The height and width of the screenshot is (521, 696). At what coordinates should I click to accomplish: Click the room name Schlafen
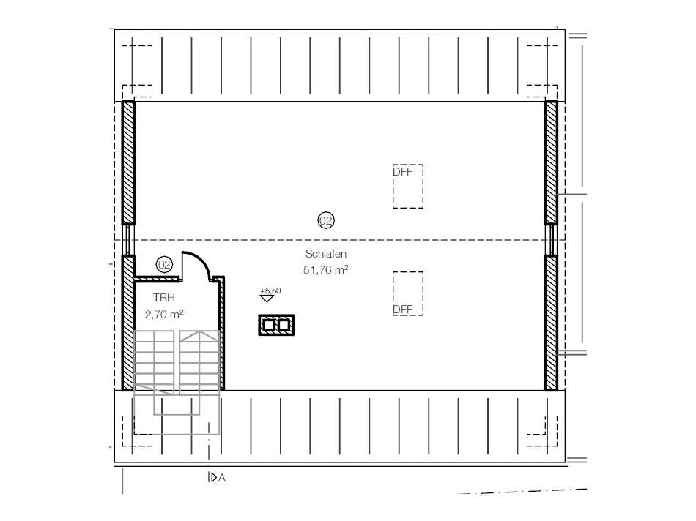(x=325, y=254)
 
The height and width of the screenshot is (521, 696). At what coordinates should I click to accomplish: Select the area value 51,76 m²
(x=325, y=269)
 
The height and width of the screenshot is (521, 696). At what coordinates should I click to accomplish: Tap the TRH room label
(x=164, y=298)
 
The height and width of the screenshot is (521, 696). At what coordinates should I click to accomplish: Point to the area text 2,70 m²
(x=164, y=314)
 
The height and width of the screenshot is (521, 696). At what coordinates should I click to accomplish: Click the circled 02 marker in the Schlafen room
(x=325, y=220)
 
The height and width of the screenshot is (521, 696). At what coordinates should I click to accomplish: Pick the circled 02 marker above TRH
(x=164, y=265)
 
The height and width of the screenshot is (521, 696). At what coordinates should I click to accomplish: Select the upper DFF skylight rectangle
(x=407, y=186)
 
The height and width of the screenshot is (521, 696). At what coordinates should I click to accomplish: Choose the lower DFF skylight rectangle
(x=407, y=293)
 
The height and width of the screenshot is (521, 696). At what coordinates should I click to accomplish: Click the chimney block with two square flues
(x=276, y=324)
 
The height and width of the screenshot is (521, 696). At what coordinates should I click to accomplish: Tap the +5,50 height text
(x=270, y=291)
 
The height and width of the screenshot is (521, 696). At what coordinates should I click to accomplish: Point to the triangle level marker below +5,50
(x=267, y=299)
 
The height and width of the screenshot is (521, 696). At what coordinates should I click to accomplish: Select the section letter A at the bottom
(x=221, y=479)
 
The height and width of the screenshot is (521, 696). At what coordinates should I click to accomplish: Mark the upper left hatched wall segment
(x=128, y=162)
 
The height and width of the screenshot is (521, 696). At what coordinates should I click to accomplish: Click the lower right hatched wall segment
(x=551, y=322)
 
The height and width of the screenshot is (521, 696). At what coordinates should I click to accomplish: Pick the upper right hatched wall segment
(x=551, y=162)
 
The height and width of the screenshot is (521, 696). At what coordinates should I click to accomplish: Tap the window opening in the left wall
(x=128, y=239)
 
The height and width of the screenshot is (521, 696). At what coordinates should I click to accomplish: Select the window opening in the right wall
(x=551, y=239)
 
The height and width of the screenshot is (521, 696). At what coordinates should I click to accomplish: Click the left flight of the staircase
(x=154, y=362)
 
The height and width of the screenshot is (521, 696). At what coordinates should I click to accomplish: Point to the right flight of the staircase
(x=199, y=362)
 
